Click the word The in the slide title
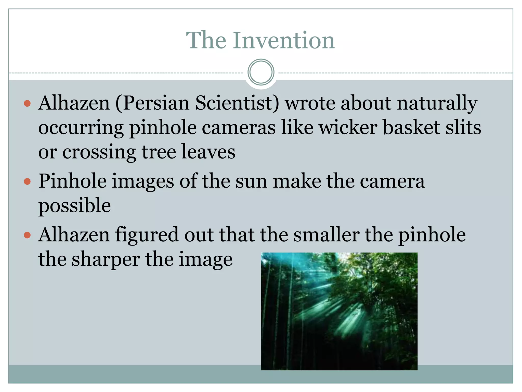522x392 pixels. (x=206, y=41)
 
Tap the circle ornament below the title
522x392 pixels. (x=261, y=72)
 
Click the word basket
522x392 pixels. (x=411, y=127)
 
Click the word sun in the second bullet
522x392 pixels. (x=251, y=181)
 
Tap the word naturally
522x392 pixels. (x=437, y=103)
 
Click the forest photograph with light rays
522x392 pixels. (x=339, y=311)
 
